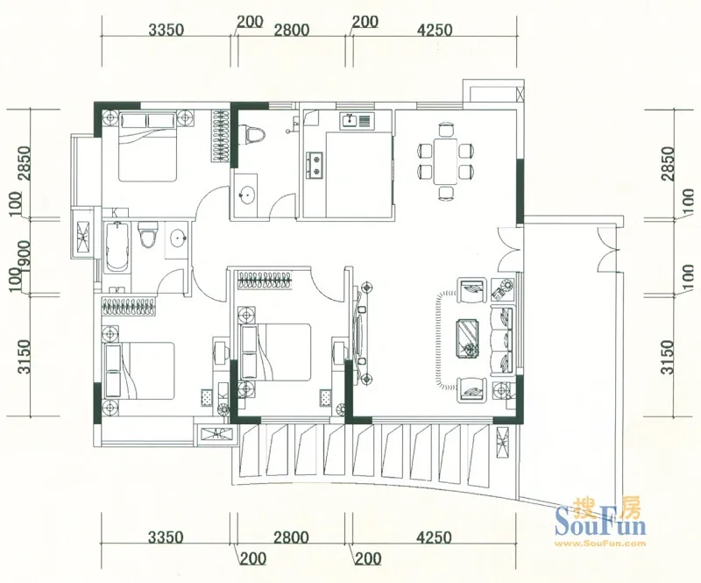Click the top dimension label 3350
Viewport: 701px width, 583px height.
point(166,30)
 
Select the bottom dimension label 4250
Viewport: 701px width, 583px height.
point(434,537)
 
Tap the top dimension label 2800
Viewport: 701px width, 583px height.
point(292,30)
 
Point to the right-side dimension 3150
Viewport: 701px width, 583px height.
point(667,357)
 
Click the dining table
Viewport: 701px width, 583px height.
point(445,161)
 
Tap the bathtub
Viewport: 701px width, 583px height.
point(117,247)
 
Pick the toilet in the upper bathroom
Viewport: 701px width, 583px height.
point(252,135)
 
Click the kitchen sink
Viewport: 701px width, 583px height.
point(356,121)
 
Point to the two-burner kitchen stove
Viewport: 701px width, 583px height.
point(315,164)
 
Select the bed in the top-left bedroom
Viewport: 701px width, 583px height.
point(147,146)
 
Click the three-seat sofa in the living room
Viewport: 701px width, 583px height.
point(502,340)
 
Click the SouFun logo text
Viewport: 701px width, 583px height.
point(600,523)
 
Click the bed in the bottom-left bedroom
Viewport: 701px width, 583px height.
point(139,371)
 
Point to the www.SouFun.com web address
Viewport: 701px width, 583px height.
point(600,544)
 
